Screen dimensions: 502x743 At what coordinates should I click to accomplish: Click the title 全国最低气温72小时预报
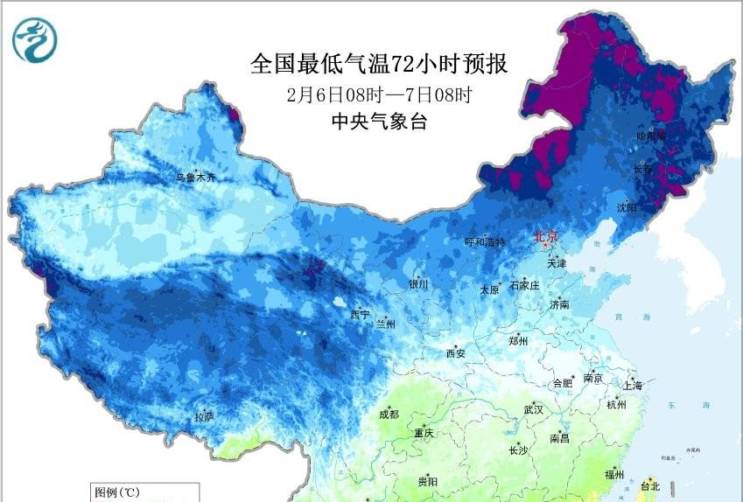[379, 65]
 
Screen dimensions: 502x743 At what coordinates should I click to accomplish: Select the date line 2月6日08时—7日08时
[379, 94]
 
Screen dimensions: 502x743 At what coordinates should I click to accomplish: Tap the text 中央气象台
[379, 122]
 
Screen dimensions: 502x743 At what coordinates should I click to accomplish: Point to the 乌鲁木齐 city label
[194, 178]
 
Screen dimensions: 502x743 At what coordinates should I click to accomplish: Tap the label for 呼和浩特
[484, 242]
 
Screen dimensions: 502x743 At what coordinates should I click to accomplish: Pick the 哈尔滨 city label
[650, 136]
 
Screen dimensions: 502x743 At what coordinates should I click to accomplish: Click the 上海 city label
[633, 386]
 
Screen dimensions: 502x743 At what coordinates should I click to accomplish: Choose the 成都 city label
[389, 415]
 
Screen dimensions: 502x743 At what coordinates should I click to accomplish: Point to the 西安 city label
[456, 353]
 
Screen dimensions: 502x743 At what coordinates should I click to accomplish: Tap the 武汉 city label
[533, 409]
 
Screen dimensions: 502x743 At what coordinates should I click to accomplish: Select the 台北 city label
[650, 485]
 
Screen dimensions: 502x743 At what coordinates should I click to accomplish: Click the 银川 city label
[417, 284]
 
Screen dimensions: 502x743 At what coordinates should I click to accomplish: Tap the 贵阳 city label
[427, 481]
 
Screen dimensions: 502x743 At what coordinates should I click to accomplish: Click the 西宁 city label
[360, 314]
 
